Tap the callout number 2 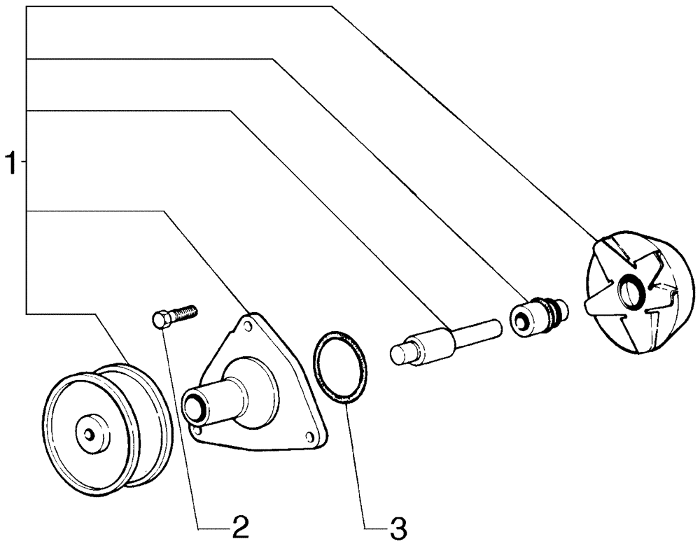(240, 527)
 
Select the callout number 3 (397, 527)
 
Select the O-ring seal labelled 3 (339, 368)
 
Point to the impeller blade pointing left (595, 302)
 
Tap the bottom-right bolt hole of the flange (309, 437)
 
